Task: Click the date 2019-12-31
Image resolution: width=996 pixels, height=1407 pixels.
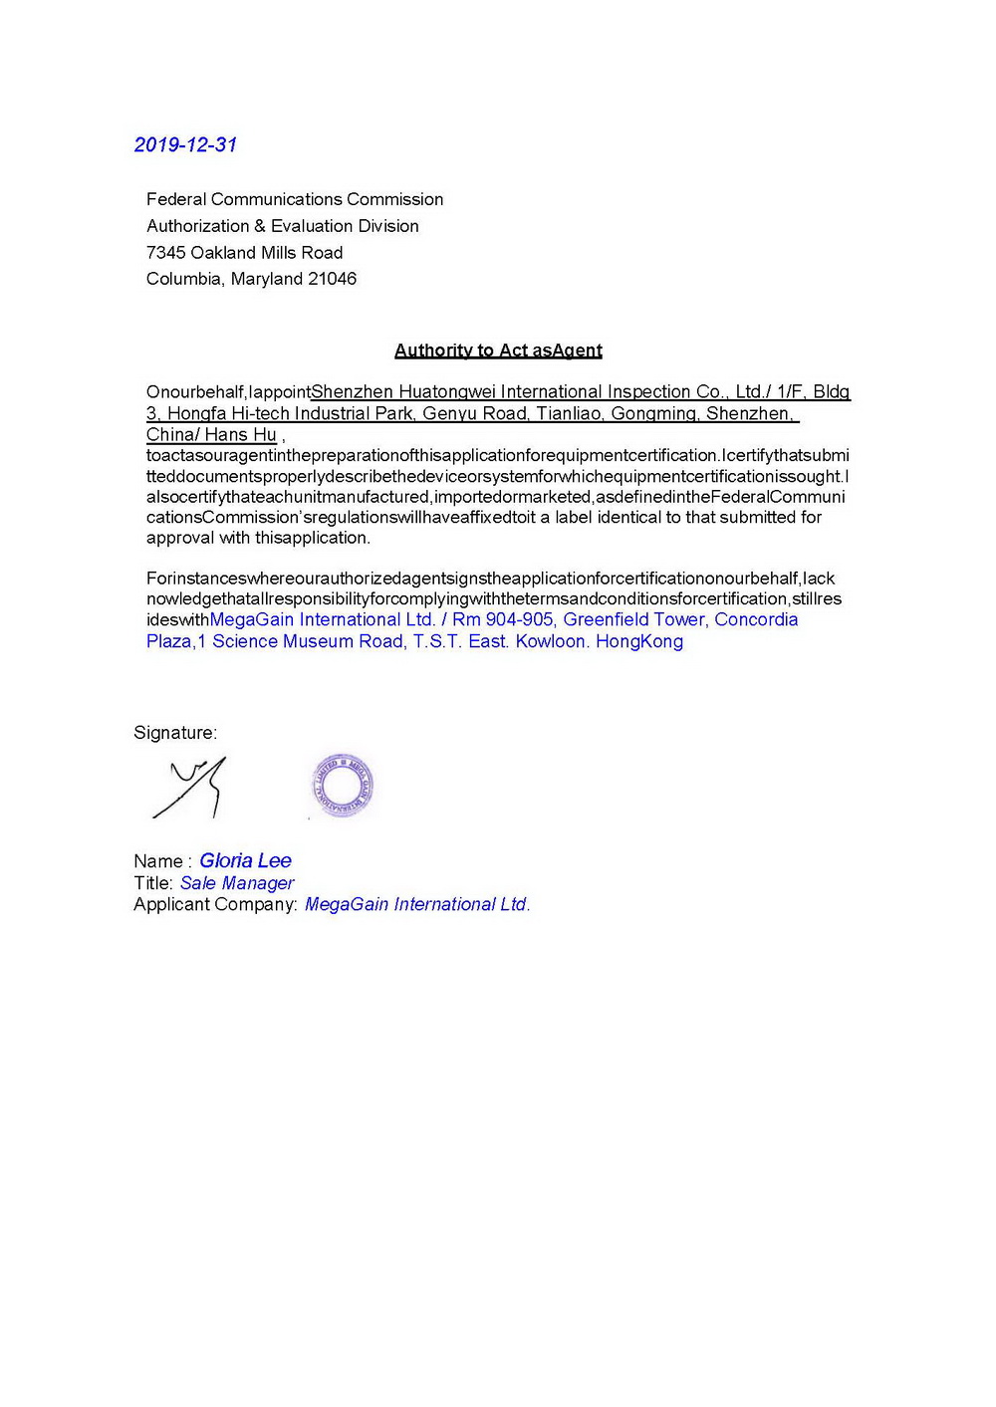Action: click(x=185, y=145)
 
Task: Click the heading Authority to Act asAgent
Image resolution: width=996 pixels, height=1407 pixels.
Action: click(x=498, y=351)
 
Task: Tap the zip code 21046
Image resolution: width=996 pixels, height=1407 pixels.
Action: click(x=332, y=279)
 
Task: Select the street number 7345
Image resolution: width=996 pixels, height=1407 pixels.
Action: click(x=165, y=253)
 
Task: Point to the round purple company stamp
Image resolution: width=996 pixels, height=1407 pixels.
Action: click(x=342, y=786)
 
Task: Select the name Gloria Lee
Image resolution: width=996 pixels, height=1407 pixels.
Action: click(x=245, y=861)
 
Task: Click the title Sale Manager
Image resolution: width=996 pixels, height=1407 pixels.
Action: click(x=237, y=883)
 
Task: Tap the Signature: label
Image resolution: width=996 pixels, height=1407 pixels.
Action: click(x=175, y=733)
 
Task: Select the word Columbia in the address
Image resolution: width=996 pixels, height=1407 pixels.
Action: click(x=183, y=279)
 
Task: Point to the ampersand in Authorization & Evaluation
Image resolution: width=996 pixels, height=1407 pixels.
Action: click(x=260, y=226)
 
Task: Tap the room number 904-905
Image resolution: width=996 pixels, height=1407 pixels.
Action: click(x=519, y=619)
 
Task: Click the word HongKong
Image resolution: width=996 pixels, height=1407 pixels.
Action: click(x=639, y=641)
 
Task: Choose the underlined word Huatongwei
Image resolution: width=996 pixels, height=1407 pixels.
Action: click(x=446, y=392)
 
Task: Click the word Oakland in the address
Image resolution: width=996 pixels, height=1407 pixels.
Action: click(x=223, y=253)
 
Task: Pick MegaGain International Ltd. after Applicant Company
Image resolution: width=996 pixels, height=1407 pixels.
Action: click(x=417, y=904)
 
